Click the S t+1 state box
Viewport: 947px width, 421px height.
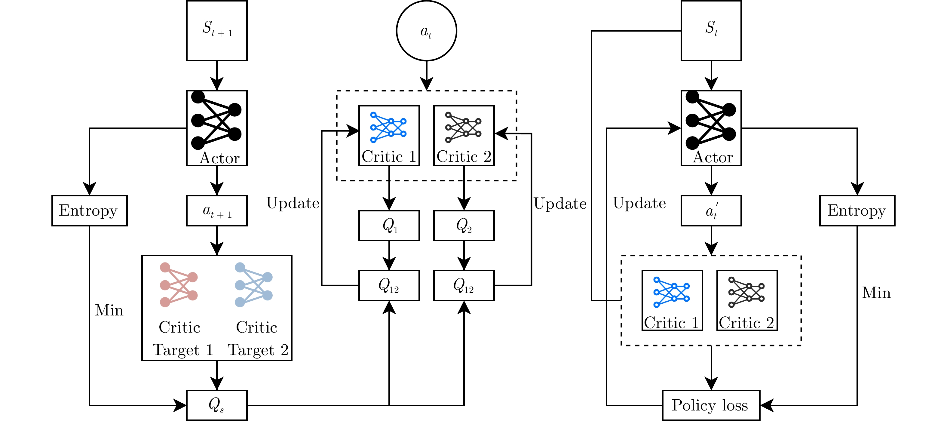tap(216, 30)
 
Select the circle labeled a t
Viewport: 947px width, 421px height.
tap(426, 31)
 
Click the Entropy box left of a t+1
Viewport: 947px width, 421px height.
tap(89, 210)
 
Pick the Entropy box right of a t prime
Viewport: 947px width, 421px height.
tap(857, 210)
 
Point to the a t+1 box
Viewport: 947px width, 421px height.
tap(216, 210)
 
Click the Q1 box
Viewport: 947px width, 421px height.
tap(389, 226)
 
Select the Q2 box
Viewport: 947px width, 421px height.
tap(464, 226)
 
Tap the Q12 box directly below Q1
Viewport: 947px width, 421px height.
tap(389, 285)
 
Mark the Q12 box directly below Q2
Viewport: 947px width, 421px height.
tap(464, 285)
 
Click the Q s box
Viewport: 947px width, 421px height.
tap(216, 405)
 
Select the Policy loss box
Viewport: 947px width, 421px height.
tap(711, 405)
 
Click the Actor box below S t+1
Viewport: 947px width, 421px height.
tap(216, 128)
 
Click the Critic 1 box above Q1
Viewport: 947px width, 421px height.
tap(389, 135)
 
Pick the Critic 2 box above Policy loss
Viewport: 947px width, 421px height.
tap(747, 300)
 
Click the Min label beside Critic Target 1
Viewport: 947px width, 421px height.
tap(109, 310)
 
